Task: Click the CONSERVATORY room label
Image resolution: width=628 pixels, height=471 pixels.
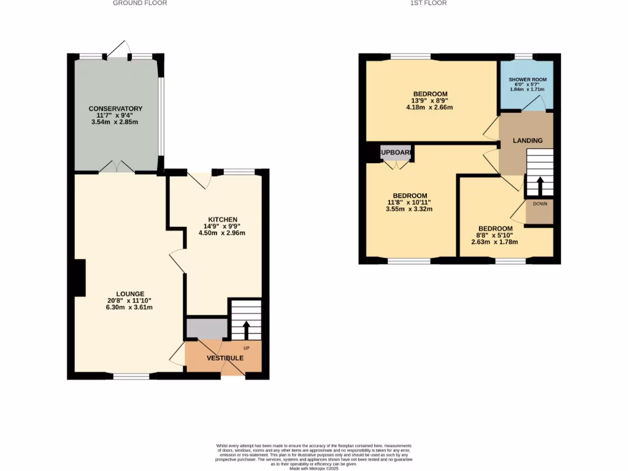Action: tap(115, 109)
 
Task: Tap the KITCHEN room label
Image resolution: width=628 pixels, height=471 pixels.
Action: tap(223, 220)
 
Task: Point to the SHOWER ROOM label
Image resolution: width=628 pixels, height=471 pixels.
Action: tap(527, 80)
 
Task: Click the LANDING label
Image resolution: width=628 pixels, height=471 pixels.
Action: tap(527, 140)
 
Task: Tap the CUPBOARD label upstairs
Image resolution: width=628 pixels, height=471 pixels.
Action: tap(396, 153)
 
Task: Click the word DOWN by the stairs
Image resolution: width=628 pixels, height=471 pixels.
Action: tap(540, 204)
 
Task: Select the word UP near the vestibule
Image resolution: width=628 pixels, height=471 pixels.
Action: tap(247, 348)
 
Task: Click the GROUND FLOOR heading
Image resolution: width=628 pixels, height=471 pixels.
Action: tap(140, 3)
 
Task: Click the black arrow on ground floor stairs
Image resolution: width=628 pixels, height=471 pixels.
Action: tap(246, 329)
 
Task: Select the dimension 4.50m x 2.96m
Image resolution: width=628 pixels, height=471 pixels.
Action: tap(223, 233)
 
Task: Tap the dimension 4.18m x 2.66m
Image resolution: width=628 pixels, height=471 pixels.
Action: tap(429, 107)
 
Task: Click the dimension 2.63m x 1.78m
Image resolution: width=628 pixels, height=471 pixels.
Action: tap(494, 242)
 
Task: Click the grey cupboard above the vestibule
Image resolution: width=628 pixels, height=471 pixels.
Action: tap(206, 328)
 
